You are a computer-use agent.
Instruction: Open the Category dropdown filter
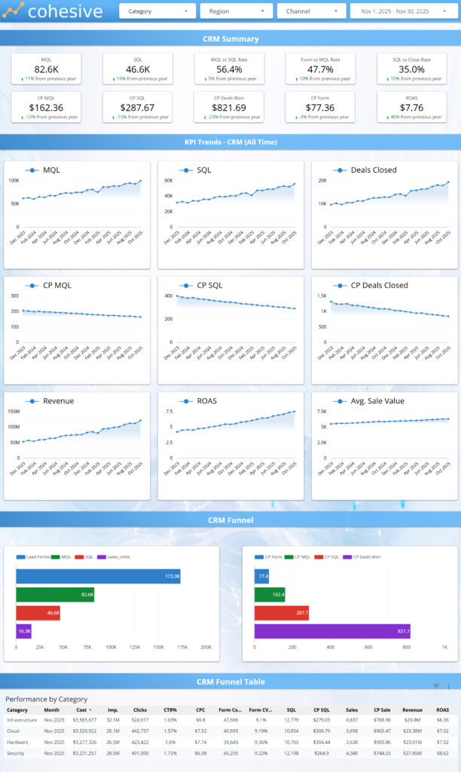pyautogui.click(x=157, y=11)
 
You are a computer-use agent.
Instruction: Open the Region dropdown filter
pyautogui.click(x=236, y=11)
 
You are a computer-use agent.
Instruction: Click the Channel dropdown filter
pyautogui.click(x=311, y=11)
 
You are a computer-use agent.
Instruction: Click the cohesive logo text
pyautogui.click(x=64, y=11)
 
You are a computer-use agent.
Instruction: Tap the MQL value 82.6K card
pyautogui.click(x=46, y=69)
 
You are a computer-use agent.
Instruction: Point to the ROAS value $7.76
pyautogui.click(x=411, y=107)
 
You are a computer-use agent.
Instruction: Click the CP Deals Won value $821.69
pyautogui.click(x=229, y=107)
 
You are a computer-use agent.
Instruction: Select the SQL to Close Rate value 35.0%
pyautogui.click(x=411, y=69)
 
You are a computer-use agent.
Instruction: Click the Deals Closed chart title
pyautogui.click(x=374, y=170)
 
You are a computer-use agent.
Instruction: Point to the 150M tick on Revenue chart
pyautogui.click(x=14, y=412)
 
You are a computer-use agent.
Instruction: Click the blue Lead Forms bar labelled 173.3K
pyautogui.click(x=98, y=576)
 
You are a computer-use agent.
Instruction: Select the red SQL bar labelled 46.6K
pyautogui.click(x=38, y=614)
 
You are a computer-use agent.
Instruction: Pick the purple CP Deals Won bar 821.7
pyautogui.click(x=332, y=631)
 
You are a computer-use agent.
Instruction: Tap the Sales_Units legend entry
pyautogui.click(x=113, y=557)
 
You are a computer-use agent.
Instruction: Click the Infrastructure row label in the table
pyautogui.click(x=22, y=719)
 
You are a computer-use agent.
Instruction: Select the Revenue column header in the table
pyautogui.click(x=412, y=709)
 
